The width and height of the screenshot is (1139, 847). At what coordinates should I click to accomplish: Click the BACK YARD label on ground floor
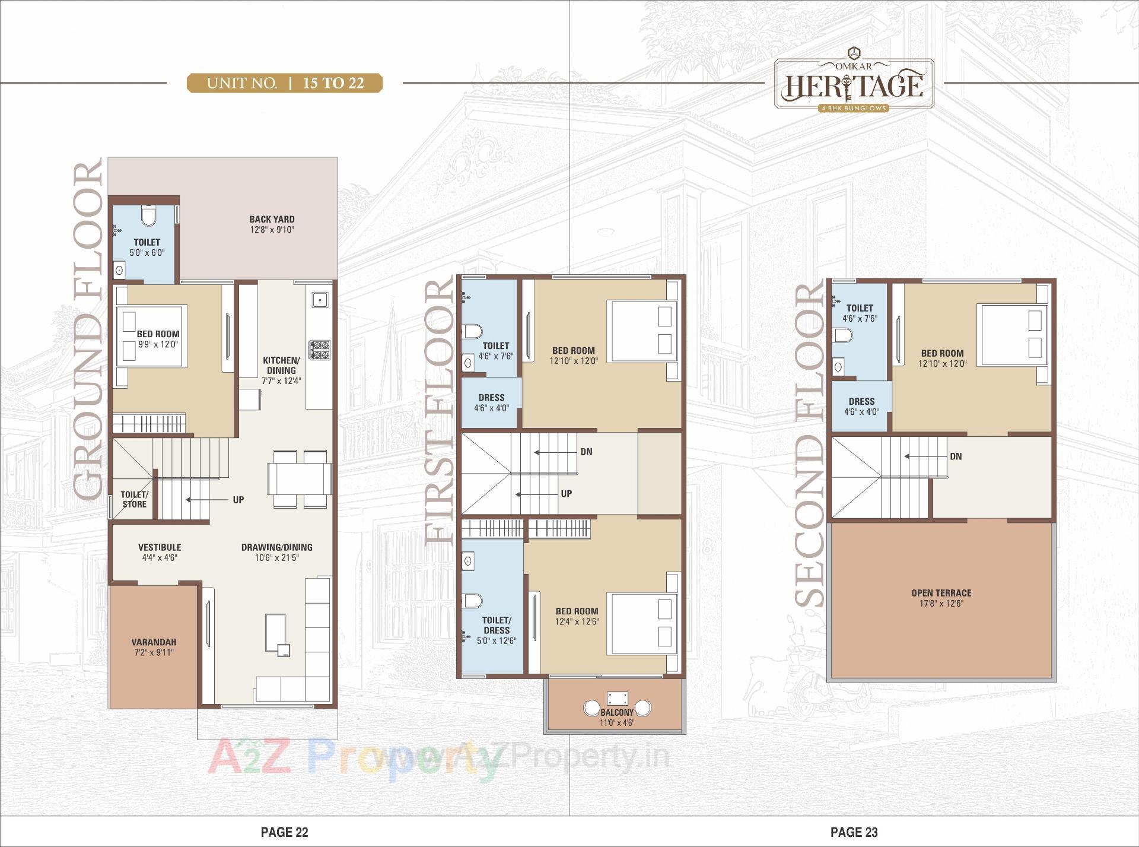point(272,219)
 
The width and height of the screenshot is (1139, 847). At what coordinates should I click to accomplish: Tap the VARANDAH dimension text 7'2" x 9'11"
point(154,652)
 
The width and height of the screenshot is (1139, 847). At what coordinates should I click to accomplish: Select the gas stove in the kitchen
point(319,350)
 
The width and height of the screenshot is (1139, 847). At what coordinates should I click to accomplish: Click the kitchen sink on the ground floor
point(320,300)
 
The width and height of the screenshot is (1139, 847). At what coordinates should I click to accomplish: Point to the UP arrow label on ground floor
point(238,500)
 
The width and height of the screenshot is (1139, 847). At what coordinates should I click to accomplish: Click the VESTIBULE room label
point(160,547)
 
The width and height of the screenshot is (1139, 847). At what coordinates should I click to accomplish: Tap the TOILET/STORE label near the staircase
point(135,499)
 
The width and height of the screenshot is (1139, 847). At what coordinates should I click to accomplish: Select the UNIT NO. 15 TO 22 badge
point(285,83)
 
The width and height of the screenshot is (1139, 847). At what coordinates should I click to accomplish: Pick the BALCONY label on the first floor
point(617,712)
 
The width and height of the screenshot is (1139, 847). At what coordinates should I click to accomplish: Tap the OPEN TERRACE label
point(941,593)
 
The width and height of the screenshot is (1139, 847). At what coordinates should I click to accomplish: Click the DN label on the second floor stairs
point(956,456)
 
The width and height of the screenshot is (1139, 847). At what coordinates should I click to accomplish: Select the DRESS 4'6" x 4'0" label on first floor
point(491,402)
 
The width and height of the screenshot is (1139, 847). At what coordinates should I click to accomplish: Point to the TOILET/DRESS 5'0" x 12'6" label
point(497,630)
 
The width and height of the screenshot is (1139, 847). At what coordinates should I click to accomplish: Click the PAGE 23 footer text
point(854,832)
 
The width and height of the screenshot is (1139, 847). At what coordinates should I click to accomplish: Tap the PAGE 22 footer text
point(284,832)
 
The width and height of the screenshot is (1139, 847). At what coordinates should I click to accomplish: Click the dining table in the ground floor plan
point(300,478)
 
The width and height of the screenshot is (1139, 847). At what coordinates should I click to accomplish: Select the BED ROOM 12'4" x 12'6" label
point(577,616)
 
